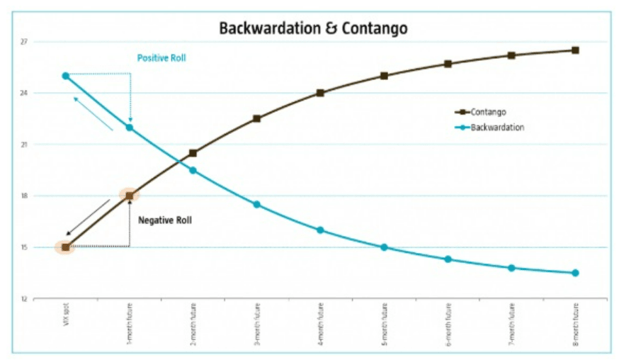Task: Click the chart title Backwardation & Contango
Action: pyautogui.click(x=312, y=28)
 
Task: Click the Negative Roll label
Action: pyautogui.click(x=164, y=220)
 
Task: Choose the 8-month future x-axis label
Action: pyautogui.click(x=575, y=326)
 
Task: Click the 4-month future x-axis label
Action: pyautogui.click(x=320, y=326)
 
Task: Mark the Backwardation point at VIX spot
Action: pyautogui.click(x=65, y=76)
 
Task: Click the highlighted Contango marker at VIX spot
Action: pyautogui.click(x=65, y=247)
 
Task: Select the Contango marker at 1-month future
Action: pyautogui.click(x=129, y=196)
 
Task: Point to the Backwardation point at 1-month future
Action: pyautogui.click(x=129, y=128)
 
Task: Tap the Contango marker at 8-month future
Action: pyautogui.click(x=575, y=50)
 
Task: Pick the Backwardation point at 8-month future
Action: pyautogui.click(x=575, y=273)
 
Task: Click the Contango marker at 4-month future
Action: pyautogui.click(x=320, y=93)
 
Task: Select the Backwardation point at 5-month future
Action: pyautogui.click(x=384, y=247)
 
